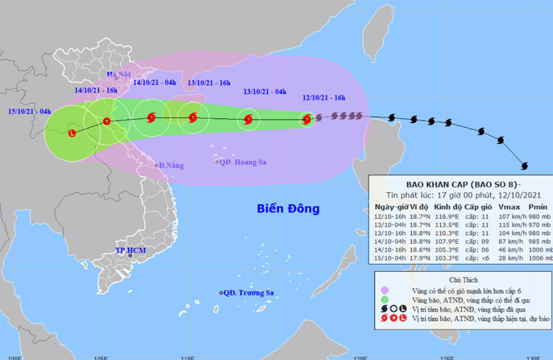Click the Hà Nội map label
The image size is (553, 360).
tap(118, 75)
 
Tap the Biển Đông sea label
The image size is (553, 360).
tap(289, 208)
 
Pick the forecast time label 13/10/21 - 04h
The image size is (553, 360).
tap(265, 91)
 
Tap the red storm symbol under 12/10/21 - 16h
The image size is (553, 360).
tap(307, 120)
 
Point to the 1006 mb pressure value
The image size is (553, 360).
tap(539, 258)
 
